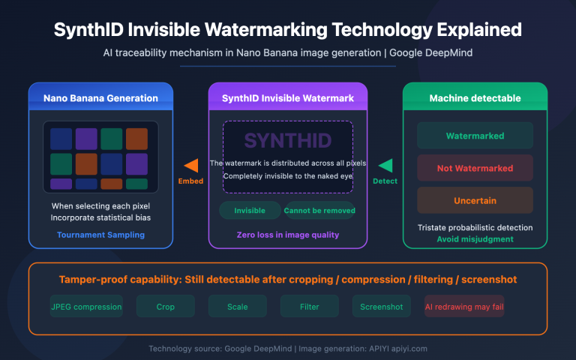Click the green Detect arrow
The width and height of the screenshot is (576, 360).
coord(385,166)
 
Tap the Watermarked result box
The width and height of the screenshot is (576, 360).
coord(475,136)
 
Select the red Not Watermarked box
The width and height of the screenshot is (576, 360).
coord(475,168)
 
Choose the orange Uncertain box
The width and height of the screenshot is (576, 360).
coord(475,200)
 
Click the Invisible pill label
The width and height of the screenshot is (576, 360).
coord(250,211)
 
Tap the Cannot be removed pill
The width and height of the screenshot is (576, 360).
coord(319,211)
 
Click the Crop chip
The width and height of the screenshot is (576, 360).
coord(166,306)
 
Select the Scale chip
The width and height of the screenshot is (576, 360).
coord(238,306)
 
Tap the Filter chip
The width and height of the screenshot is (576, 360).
coord(310,306)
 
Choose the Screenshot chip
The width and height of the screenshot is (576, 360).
coord(382,306)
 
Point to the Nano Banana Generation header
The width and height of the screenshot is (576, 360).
coord(100,98)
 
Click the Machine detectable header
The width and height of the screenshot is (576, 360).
coord(475,98)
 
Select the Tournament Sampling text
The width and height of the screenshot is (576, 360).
coord(100,235)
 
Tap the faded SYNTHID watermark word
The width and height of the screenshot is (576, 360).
coord(287,140)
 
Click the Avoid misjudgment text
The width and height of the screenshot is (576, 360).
coord(475,239)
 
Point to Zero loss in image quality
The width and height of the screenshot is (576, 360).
coord(288,235)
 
